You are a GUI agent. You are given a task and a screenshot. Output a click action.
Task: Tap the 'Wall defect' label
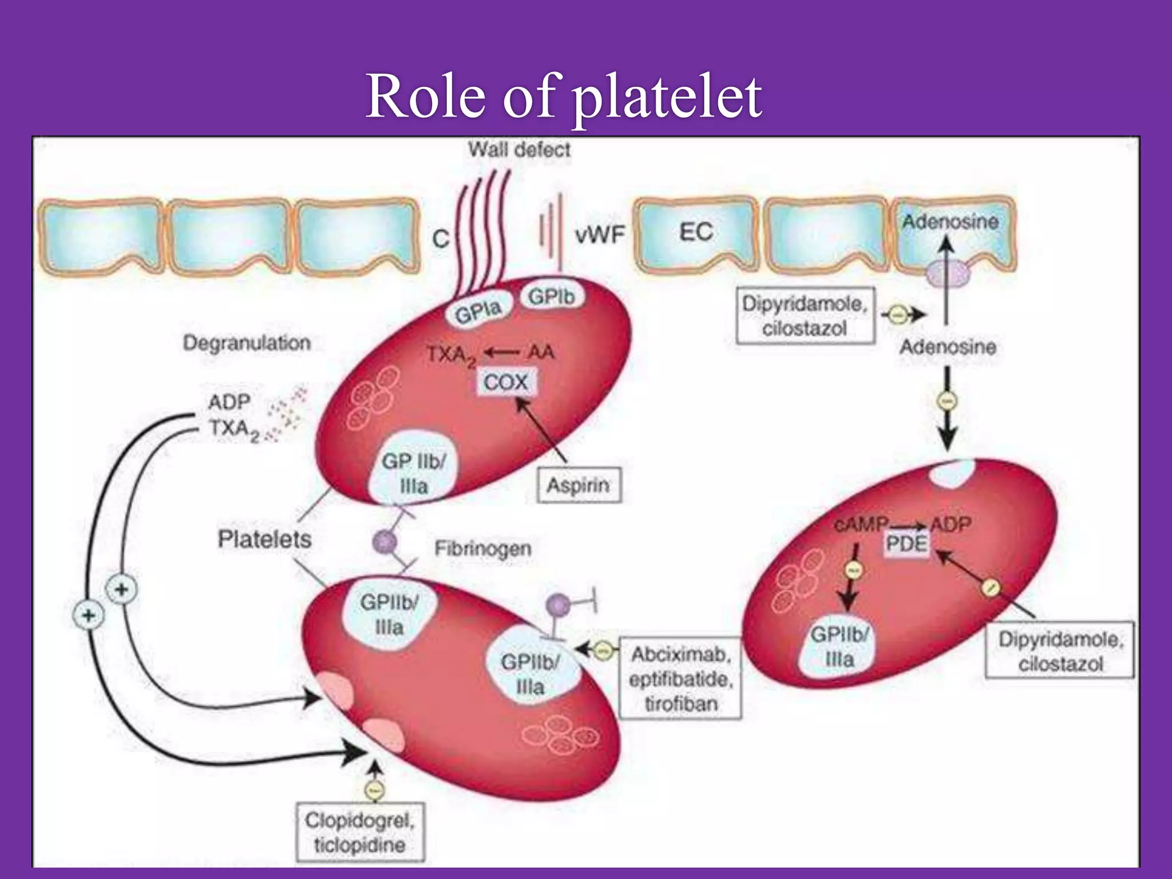point(519,150)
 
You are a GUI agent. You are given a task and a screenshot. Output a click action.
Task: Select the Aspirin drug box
point(579,486)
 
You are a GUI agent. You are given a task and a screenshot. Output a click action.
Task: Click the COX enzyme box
point(505,382)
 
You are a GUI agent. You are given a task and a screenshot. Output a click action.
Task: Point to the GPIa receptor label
point(478,312)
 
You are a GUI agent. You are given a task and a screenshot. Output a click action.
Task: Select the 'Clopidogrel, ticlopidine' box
point(360,832)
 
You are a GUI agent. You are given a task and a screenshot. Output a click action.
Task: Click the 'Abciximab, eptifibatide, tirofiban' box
point(680,679)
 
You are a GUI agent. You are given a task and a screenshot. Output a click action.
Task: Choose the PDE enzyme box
point(906,544)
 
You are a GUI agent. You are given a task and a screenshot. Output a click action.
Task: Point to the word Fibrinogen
point(482,548)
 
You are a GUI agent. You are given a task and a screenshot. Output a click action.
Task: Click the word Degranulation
point(247,343)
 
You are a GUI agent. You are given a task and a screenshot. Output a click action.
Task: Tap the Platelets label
point(264,539)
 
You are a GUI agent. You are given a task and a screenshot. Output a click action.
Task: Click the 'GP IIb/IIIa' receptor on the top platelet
point(413,473)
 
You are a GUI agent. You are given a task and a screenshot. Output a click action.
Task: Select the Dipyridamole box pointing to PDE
point(1060,651)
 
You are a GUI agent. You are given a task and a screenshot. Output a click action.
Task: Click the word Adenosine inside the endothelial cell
point(950,221)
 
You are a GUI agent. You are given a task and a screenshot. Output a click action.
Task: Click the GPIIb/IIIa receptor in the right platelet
point(840,646)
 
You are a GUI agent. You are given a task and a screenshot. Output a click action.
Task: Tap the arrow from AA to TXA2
point(502,353)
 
